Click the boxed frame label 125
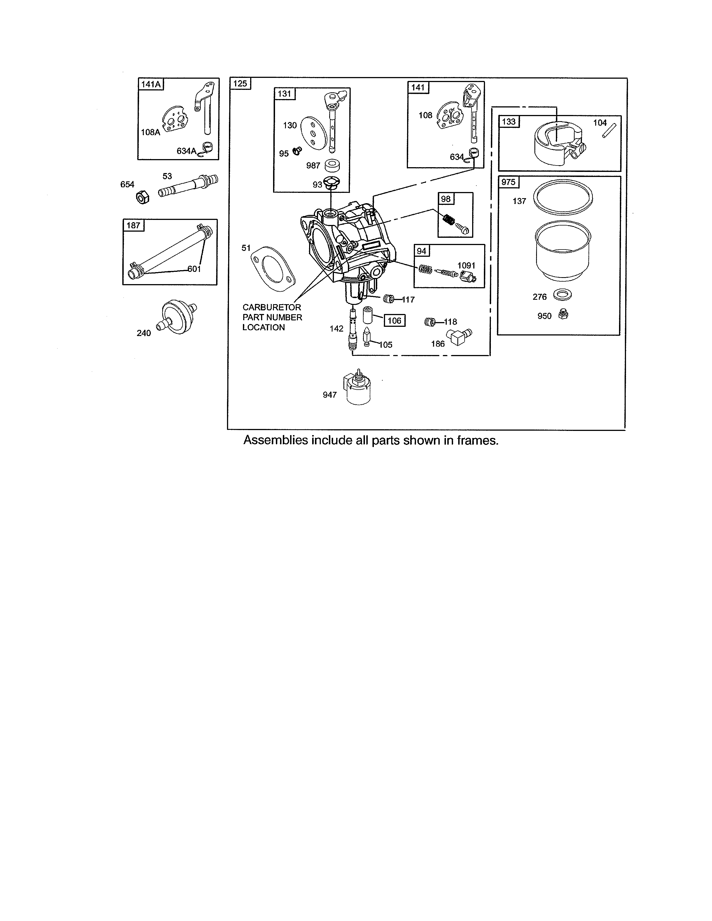pyautogui.click(x=240, y=83)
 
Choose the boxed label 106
pyautogui.click(x=394, y=320)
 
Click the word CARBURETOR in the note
pyautogui.click(x=272, y=308)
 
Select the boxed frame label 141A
pyautogui.click(x=150, y=84)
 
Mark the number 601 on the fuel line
pyautogui.click(x=194, y=269)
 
